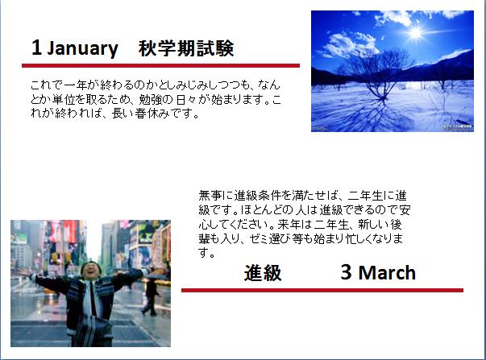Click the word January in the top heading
click(82, 48)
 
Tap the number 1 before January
click(36, 48)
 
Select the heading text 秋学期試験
click(186, 48)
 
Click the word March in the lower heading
click(387, 273)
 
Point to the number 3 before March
click(347, 272)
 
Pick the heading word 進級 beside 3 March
click(263, 273)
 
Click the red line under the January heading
click(160, 65)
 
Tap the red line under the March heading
click(322, 290)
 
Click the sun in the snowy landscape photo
click(415, 32)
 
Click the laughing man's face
click(90, 271)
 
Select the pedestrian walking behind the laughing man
click(151, 296)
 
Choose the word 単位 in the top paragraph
click(63, 99)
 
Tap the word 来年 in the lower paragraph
click(289, 225)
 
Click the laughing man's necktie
click(93, 298)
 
